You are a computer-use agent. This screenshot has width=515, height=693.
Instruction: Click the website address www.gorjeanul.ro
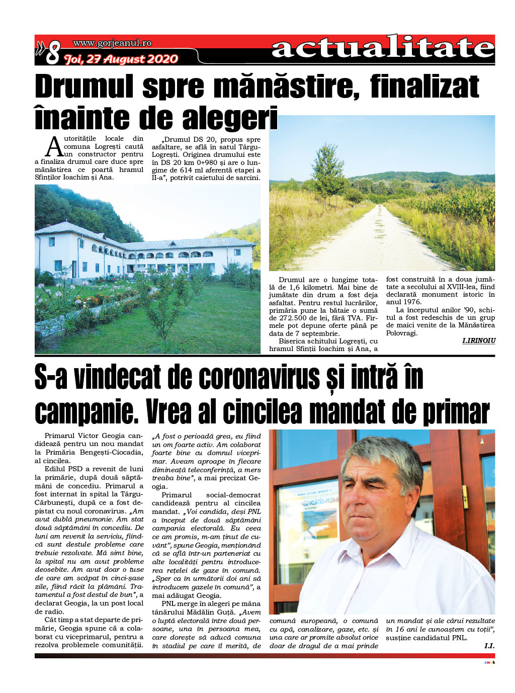pyautogui.click(x=112, y=43)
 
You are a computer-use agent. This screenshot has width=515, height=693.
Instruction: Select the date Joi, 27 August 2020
pyautogui.click(x=121, y=59)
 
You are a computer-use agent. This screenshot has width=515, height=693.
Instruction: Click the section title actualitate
pyautogui.click(x=383, y=48)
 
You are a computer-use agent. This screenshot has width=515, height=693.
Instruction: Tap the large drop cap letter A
pyautogui.click(x=53, y=147)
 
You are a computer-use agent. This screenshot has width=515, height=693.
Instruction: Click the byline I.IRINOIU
pyautogui.click(x=478, y=341)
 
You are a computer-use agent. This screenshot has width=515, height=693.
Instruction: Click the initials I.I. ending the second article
pyautogui.click(x=489, y=646)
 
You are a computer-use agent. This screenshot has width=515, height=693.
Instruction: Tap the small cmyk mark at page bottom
pyautogui.click(x=489, y=662)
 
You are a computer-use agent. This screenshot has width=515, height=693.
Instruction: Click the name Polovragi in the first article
pyautogui.click(x=401, y=333)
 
